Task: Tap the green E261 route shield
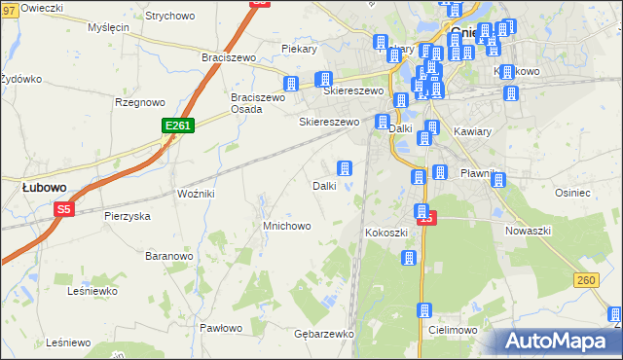[x=178, y=126]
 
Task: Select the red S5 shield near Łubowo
[x=64, y=208]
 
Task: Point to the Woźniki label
[x=196, y=194]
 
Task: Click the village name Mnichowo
[x=286, y=226]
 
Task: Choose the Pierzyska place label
[x=127, y=216]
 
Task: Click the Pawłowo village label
[x=220, y=328]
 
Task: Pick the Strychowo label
[x=169, y=17]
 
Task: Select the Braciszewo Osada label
[x=257, y=103]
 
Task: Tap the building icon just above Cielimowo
[x=424, y=310]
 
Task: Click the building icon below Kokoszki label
[x=409, y=258]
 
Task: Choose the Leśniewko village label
[x=92, y=290]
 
